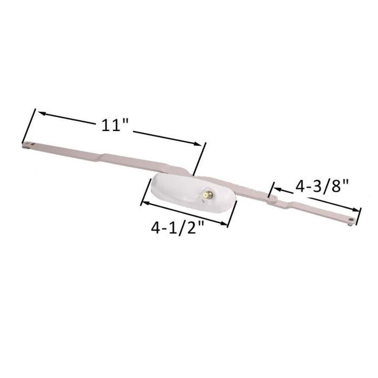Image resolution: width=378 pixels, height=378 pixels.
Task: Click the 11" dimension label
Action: click(114, 125)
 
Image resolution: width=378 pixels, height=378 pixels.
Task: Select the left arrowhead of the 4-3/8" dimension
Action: click(275, 188)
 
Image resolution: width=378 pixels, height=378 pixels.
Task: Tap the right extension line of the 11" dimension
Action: click(199, 158)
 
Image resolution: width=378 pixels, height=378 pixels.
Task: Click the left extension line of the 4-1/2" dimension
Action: click(142, 195)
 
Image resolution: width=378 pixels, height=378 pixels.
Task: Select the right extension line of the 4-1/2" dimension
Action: click(232, 216)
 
